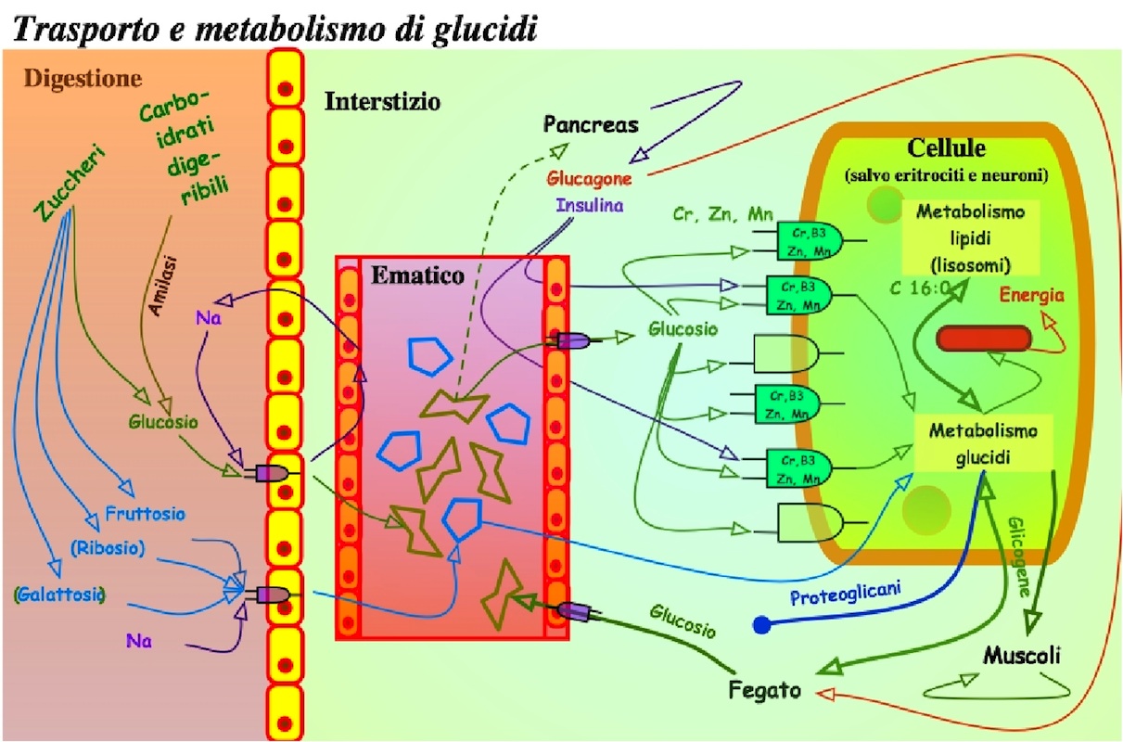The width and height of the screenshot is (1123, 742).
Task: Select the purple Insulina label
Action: point(590,204)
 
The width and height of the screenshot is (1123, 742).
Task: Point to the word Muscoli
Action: point(1021,656)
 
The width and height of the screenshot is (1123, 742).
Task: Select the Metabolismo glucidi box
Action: point(983,443)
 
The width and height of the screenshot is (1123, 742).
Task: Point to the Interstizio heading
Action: point(382,101)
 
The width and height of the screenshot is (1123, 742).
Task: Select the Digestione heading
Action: point(83,78)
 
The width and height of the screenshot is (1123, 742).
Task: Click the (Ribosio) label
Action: point(108,547)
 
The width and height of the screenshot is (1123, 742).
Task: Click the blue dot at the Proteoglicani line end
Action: point(762,625)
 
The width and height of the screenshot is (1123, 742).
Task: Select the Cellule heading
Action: point(946,148)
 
